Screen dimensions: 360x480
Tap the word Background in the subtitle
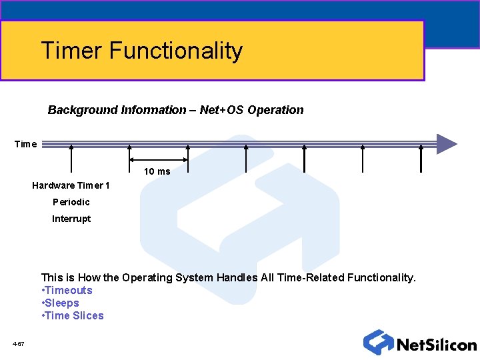click(83, 110)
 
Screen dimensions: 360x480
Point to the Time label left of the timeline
click(25, 144)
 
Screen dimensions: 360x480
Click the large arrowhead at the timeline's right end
click(446, 144)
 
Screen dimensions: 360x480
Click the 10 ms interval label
click(157, 171)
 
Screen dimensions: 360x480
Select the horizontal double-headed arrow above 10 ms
click(159, 159)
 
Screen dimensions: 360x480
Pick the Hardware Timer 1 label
click(71, 185)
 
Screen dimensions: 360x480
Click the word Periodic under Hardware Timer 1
click(71, 202)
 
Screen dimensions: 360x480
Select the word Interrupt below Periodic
click(71, 219)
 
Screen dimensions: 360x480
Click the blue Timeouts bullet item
click(68, 290)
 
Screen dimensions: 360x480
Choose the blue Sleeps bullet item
click(61, 303)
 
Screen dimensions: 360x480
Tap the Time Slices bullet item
click(74, 315)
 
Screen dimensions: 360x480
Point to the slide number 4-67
click(19, 344)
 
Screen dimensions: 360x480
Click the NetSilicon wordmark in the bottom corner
click(436, 345)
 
